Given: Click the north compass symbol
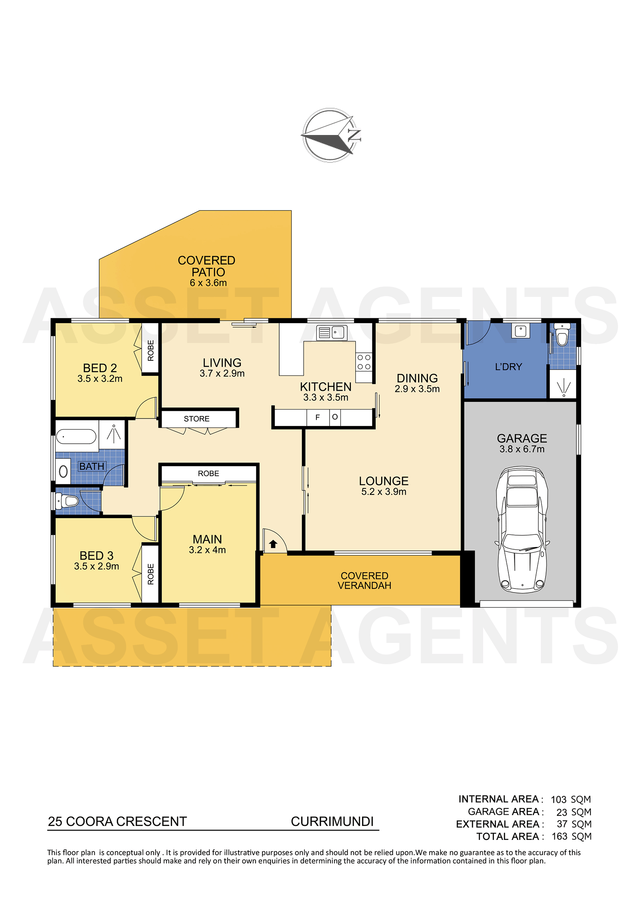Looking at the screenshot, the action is (331, 135).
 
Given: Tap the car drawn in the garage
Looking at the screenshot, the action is (522, 529).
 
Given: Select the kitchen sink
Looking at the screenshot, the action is (331, 332).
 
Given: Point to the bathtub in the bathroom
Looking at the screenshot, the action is (76, 436).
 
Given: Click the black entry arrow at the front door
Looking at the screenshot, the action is (273, 544).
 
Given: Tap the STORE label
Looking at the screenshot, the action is (196, 419).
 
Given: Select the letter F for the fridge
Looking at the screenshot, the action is (318, 418).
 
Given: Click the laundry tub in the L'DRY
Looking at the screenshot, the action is (520, 331).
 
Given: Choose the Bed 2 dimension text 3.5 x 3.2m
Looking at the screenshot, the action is (100, 379).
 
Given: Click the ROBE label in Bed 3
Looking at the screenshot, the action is (151, 574).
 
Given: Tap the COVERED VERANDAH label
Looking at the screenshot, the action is (364, 581).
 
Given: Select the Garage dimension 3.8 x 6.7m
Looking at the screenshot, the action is (522, 449).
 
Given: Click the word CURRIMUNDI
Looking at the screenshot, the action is (332, 822).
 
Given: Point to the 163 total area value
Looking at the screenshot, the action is (560, 837).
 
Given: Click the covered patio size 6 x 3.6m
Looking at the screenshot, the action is (208, 283).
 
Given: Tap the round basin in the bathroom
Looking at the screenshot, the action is (63, 471).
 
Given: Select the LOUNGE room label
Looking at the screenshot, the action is (384, 481).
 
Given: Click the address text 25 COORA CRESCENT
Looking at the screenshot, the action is (117, 822).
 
